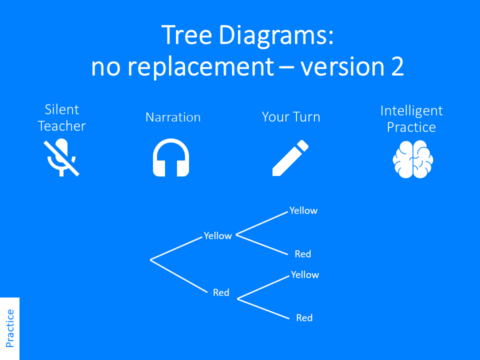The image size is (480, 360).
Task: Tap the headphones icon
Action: point(171,158)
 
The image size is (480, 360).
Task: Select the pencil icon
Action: point(290,158)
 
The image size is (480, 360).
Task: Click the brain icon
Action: point(412,159)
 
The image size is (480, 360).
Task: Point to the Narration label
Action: point(173,117)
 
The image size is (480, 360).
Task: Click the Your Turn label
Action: point(291,117)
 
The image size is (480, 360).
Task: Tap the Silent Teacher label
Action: point(62,117)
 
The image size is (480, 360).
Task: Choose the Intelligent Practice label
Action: point(411,119)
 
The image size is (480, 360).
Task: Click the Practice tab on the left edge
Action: point(9,328)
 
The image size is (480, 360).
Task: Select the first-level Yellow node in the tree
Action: point(218,236)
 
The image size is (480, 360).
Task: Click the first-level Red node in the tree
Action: point(221,293)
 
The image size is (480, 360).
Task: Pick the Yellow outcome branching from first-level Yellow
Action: point(303,211)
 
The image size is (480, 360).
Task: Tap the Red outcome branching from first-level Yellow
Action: point(303,254)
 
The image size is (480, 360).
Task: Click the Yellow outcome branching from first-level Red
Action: point(305,275)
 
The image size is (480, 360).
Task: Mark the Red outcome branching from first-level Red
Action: point(304,318)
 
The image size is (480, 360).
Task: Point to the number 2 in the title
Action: point(397,66)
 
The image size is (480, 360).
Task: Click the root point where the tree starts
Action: point(150,259)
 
